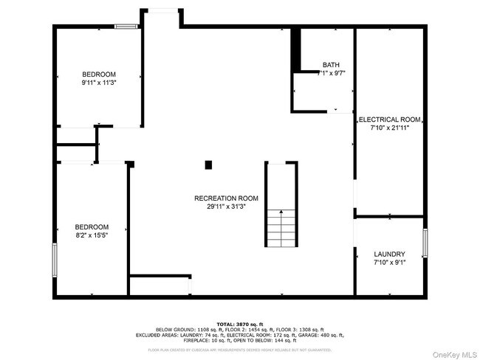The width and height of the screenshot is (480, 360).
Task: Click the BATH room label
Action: (x=330, y=65)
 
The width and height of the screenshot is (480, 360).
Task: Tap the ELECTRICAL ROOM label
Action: (x=389, y=119)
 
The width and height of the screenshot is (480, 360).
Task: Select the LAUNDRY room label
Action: (x=389, y=254)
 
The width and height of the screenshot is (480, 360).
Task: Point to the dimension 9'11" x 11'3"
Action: (x=99, y=83)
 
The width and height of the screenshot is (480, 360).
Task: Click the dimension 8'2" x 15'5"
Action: (x=92, y=235)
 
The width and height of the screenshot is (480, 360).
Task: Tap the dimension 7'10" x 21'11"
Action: (x=389, y=128)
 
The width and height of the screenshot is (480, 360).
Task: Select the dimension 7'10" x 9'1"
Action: (x=389, y=263)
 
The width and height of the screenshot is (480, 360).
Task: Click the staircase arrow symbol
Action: (x=281, y=221)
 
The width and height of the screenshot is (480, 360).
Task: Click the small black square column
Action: (x=209, y=165)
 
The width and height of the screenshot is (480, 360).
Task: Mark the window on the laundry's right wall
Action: (x=425, y=242)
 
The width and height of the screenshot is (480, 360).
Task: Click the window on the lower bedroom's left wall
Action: (x=54, y=260)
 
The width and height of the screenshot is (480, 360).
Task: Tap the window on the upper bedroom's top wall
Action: (x=126, y=27)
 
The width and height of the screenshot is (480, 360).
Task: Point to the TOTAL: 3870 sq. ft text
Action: (x=239, y=323)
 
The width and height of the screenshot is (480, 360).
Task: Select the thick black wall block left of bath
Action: (x=295, y=50)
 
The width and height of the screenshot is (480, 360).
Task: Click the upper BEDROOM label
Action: (x=99, y=75)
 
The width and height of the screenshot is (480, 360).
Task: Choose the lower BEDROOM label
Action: (x=92, y=226)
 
